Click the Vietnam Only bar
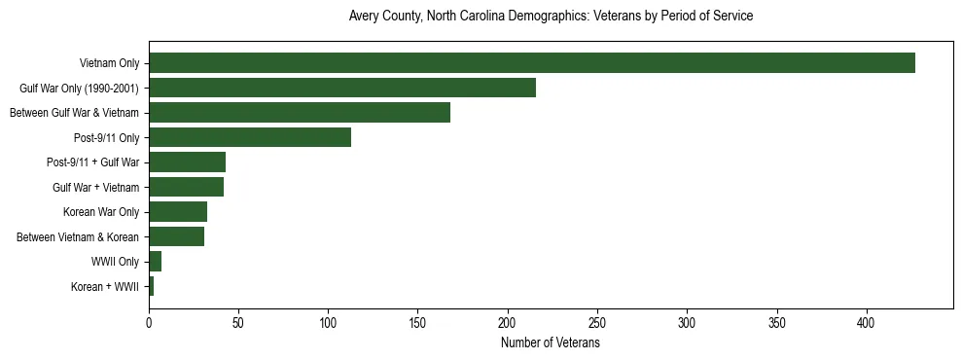531,63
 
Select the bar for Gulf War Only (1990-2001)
342,88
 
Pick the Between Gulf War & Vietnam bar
300,113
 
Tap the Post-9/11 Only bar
250,137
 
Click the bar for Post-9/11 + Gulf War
187,162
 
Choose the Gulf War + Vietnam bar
186,187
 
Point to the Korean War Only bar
178,212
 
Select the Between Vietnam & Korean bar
176,236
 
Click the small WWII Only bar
155,262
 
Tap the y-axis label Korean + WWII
105,287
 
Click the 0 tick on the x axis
149,322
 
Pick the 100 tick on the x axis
329,322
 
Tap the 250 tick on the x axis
597,322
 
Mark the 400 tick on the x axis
867,322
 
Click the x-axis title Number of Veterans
550,342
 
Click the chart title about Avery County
551,17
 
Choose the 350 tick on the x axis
777,322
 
